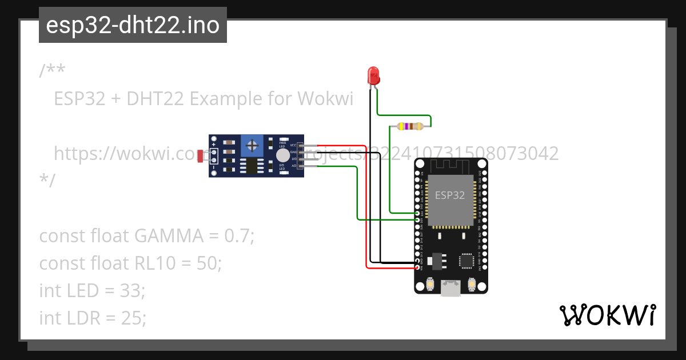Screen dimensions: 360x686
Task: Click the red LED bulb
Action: click(373, 75)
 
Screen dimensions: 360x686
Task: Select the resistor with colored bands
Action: click(410, 126)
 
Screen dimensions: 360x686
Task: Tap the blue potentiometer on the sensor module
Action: click(252, 145)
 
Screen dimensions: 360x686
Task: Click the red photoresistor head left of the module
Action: click(201, 156)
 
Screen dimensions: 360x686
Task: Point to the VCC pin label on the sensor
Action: click(293, 146)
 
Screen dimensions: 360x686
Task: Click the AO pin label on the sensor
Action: click(293, 166)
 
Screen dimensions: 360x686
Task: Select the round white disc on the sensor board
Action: click(282, 155)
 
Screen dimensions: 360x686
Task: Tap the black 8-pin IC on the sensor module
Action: click(252, 166)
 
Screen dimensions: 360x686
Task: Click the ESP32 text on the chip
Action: click(450, 195)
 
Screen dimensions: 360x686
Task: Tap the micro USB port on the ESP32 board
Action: click(451, 288)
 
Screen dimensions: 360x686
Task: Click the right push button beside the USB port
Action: click(472, 283)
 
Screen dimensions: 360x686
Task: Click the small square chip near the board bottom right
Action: click(467, 261)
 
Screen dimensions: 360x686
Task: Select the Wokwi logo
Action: click(607, 315)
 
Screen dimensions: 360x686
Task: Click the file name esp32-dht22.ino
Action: click(133, 25)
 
